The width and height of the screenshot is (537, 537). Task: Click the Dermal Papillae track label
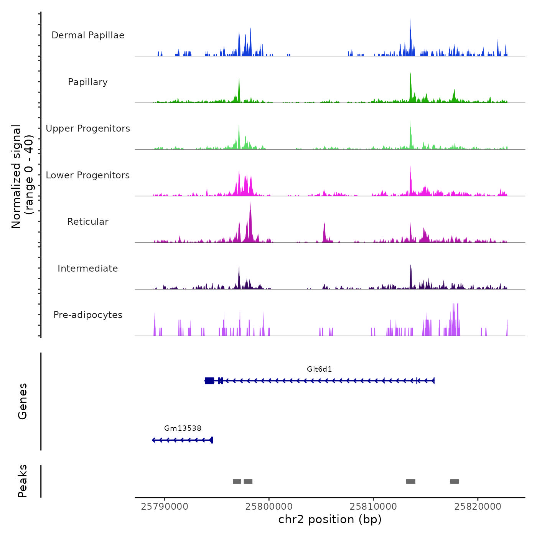88,35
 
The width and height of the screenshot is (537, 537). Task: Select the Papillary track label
88,82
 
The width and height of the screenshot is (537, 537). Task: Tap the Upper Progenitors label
88,128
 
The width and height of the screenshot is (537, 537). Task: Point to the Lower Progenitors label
88,175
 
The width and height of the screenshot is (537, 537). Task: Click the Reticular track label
88,222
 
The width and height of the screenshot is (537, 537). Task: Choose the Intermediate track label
88,268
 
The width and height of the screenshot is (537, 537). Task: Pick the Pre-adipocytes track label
88,315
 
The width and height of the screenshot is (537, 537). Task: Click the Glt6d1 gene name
319,369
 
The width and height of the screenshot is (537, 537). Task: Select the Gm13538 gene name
183,428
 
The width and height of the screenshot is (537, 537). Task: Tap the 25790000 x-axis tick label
165,507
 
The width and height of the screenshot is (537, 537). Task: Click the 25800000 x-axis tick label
269,507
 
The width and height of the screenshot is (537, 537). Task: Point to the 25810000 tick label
373,507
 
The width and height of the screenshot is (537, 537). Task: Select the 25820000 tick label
478,507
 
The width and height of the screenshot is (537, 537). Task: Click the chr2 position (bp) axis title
330,519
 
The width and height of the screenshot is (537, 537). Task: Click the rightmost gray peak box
455,481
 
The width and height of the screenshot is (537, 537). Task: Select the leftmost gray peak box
237,481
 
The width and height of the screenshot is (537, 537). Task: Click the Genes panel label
23,401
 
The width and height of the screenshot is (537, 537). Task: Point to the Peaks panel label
23,481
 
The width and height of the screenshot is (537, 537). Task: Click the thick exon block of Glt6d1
209,381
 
